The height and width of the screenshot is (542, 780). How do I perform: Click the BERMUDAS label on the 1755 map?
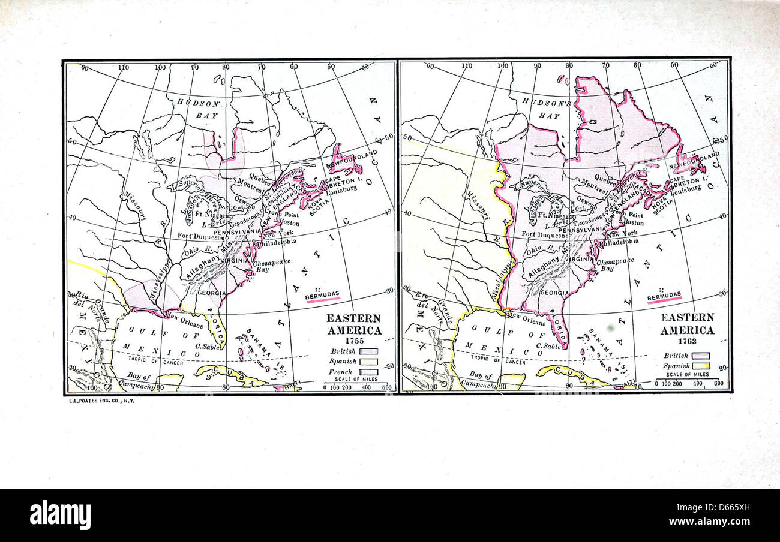(322, 294)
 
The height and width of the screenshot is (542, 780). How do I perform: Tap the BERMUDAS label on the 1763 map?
(664, 294)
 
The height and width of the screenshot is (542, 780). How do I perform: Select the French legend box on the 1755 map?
(368, 372)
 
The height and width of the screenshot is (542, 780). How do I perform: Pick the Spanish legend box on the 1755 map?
(368, 362)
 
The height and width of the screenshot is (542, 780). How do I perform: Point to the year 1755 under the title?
(353, 340)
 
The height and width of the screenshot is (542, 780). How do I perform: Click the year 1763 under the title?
(688, 341)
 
